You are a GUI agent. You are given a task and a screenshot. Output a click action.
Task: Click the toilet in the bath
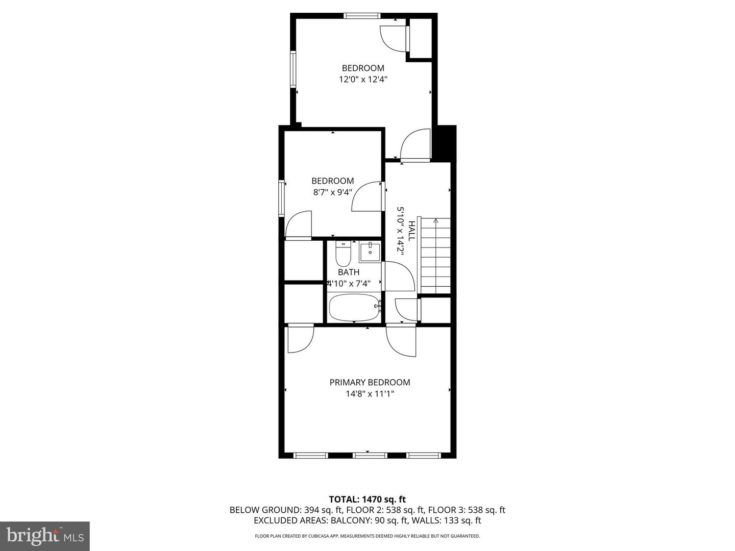pos(343,254)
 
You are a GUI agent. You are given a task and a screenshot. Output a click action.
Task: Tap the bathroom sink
pos(370,253)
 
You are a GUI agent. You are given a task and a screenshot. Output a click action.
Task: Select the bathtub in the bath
pos(354,307)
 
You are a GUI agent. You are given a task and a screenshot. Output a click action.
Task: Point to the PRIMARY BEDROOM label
pos(370,382)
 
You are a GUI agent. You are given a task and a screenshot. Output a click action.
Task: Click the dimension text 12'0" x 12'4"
pos(363,80)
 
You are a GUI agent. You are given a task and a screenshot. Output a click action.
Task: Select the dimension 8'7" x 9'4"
pos(332,192)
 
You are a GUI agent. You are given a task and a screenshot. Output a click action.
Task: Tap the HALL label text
pos(411,229)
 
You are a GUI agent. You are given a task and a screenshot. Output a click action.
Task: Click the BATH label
pos(349,272)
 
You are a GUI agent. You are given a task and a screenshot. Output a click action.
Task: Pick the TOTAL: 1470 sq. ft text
pos(367,499)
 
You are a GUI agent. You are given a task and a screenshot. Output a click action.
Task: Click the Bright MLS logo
pos(45,536)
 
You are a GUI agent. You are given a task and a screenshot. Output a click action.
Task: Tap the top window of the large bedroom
pos(362,16)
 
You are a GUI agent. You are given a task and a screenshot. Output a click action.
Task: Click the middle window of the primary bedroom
pos(370,455)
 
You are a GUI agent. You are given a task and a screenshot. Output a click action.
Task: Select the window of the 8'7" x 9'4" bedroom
pos(281,198)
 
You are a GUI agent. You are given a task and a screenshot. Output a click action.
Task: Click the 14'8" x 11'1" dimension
pos(370,394)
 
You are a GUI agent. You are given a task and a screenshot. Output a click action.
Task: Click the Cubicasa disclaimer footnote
pos(367,536)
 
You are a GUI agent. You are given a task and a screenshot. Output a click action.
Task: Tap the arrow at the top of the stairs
pos(435,221)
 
